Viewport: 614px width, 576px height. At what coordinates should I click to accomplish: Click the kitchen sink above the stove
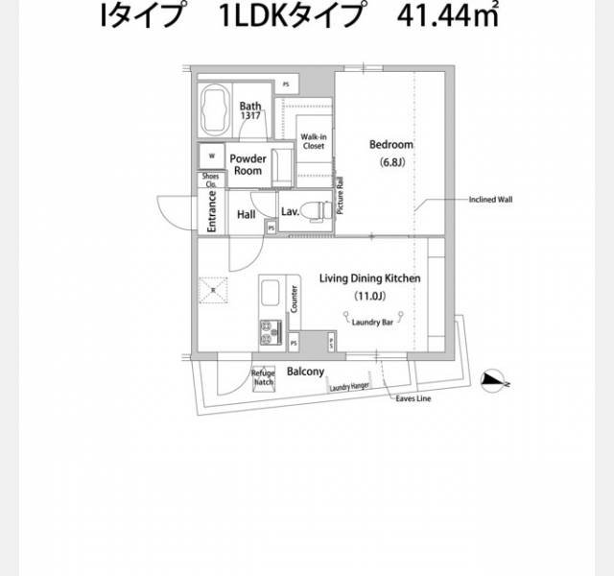(x=269, y=293)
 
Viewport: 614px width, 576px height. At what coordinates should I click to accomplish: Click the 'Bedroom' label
(x=391, y=145)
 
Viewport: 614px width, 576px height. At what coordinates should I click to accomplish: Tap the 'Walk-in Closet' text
(x=314, y=141)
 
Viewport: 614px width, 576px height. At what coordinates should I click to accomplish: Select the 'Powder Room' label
(x=248, y=164)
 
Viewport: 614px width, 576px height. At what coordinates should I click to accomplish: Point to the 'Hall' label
(x=246, y=215)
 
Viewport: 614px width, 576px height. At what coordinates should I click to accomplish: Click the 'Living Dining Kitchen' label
(x=369, y=278)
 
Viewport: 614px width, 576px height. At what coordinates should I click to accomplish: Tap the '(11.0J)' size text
(x=369, y=296)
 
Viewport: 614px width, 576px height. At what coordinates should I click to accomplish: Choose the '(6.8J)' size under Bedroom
(x=391, y=161)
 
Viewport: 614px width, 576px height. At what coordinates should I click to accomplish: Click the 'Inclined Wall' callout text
(x=490, y=201)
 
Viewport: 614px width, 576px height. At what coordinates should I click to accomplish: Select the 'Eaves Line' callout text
(x=413, y=398)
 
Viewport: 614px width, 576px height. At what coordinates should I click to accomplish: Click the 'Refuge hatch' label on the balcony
(x=263, y=377)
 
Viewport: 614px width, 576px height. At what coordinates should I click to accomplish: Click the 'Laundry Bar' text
(x=372, y=323)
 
